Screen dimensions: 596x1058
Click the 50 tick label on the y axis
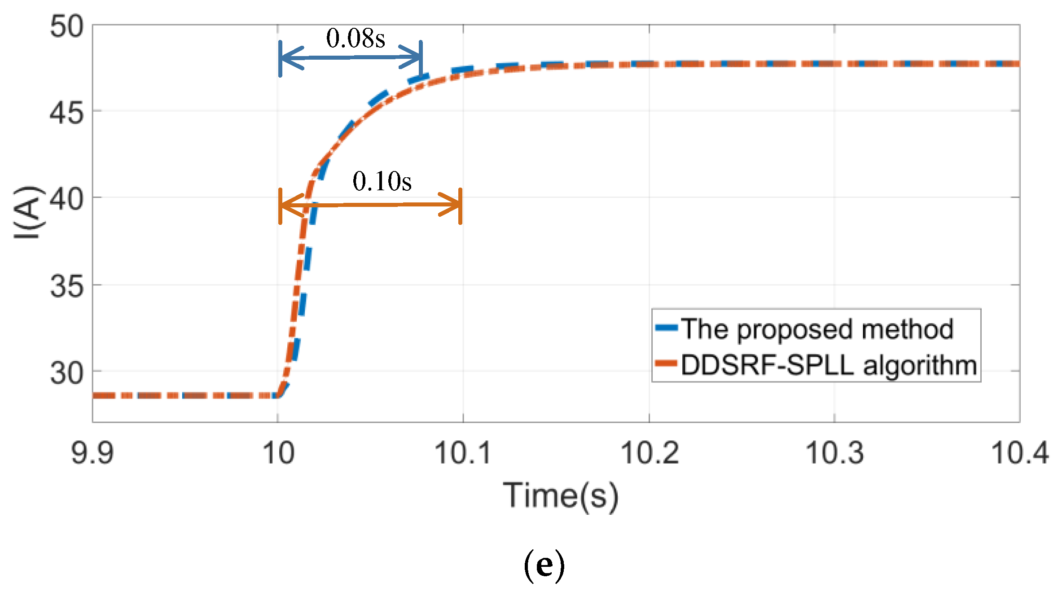point(66,26)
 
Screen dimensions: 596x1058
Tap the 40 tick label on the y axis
point(66,199)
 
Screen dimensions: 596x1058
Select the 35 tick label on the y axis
point(66,286)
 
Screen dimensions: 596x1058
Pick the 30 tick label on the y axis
point(66,372)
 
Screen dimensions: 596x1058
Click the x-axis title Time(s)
point(561,495)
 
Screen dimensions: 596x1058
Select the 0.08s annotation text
point(356,38)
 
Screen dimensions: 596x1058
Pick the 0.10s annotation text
point(382,181)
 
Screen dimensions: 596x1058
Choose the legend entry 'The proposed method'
point(817,329)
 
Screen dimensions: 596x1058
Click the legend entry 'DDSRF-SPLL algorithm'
point(829,365)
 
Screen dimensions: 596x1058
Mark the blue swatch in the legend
point(666,328)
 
